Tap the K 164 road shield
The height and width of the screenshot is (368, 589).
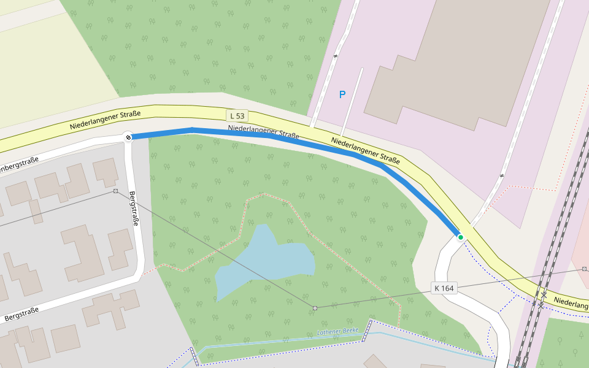(x=445, y=288)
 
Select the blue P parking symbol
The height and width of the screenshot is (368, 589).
(x=342, y=94)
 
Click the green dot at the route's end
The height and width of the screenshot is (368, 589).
(x=461, y=237)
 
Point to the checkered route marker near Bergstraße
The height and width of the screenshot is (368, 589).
(x=128, y=137)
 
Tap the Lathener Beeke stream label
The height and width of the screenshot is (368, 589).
(x=337, y=331)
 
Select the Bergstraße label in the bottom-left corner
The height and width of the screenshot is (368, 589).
(x=21, y=314)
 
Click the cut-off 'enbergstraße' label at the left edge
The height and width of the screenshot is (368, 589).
(x=18, y=164)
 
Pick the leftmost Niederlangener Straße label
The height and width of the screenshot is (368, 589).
(x=105, y=120)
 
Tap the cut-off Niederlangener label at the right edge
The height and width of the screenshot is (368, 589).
(x=571, y=301)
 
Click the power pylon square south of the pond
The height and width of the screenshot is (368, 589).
(x=315, y=307)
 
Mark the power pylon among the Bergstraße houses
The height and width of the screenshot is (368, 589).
(x=115, y=191)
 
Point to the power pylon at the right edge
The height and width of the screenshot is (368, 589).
(x=584, y=269)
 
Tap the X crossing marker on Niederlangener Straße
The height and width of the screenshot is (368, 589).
(x=544, y=295)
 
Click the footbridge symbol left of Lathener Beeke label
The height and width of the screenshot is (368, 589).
(x=369, y=330)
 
